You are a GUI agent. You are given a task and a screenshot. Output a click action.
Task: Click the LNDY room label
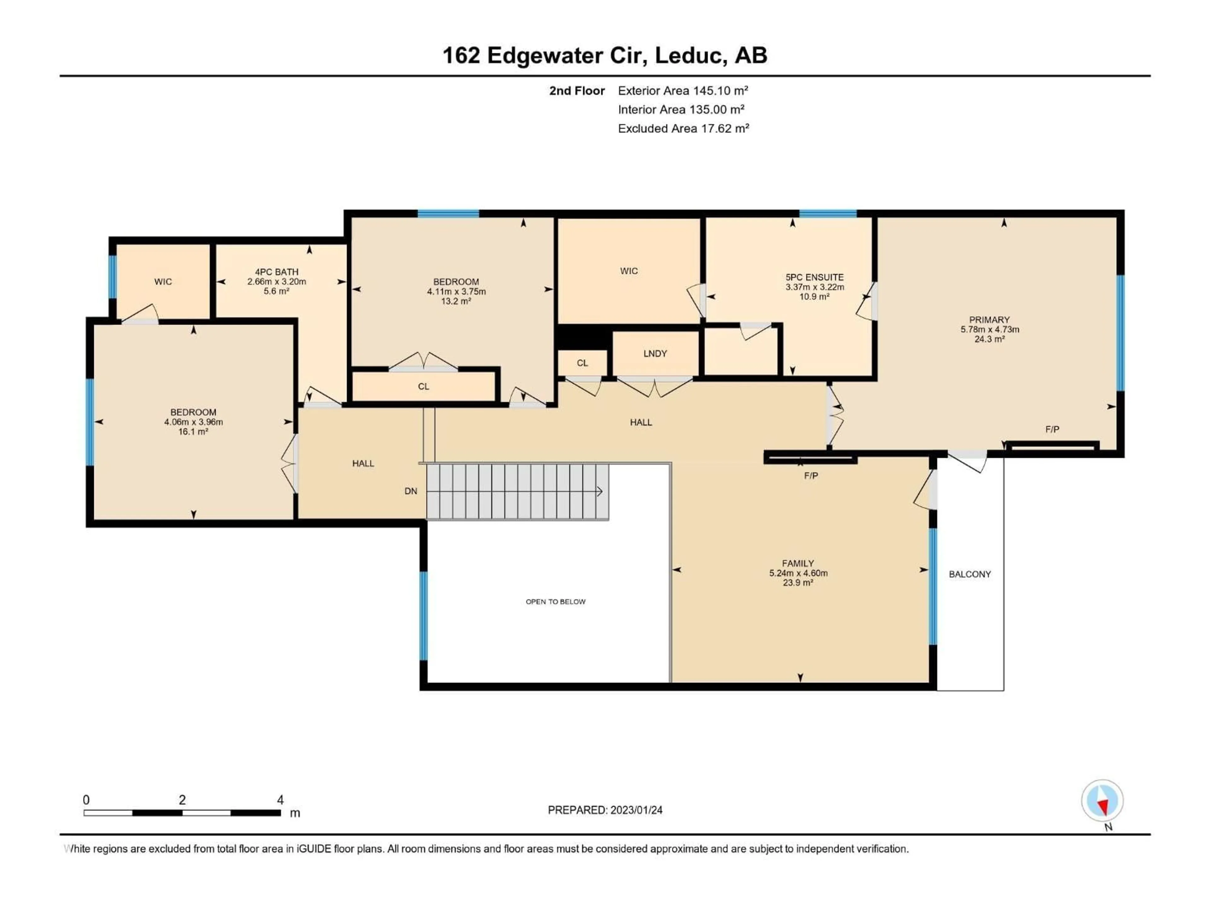coord(655,353)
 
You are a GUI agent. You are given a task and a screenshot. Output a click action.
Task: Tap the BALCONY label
coord(969,574)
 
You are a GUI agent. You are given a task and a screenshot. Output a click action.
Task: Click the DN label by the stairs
coord(411,491)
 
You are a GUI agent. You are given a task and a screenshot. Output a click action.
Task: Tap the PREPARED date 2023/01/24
coord(605,810)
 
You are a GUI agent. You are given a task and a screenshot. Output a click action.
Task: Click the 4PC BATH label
coord(277,272)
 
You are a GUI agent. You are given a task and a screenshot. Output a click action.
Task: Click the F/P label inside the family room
coord(811,476)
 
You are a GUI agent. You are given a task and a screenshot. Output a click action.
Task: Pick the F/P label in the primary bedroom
coord(1052,430)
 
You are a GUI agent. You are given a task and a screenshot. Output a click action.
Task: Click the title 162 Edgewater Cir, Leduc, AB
coord(605,55)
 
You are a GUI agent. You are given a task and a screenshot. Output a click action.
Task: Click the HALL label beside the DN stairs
coord(363,463)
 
